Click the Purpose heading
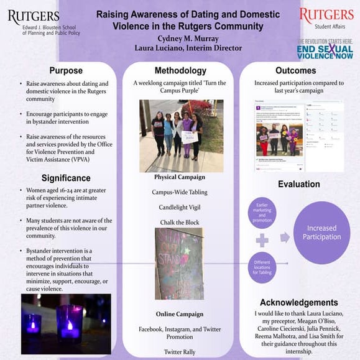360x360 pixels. pyautogui.click(x=65, y=71)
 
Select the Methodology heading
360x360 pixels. pyautogui.click(x=180, y=71)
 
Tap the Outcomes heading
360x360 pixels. pyautogui.click(x=295, y=71)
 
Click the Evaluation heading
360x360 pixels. pyautogui.click(x=298, y=184)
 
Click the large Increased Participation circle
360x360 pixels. pyautogui.click(x=321, y=233)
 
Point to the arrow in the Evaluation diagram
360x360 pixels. pyautogui.click(x=285, y=237)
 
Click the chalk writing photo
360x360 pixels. pyautogui.click(x=179, y=263)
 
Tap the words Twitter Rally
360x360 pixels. pyautogui.click(x=179, y=351)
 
